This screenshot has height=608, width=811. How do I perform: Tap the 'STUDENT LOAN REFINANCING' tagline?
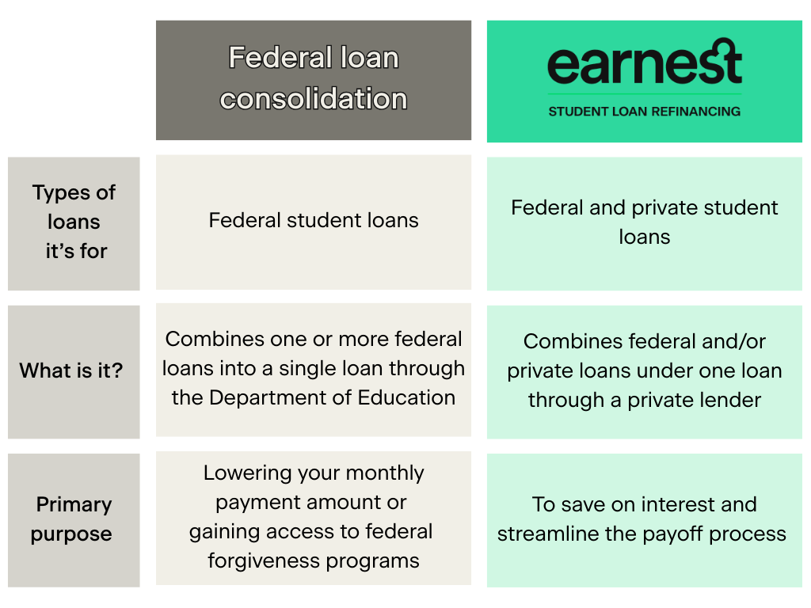pyautogui.click(x=645, y=112)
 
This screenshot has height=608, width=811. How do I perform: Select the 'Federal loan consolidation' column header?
pyautogui.click(x=314, y=78)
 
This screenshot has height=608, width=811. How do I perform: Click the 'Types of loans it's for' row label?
pyautogui.click(x=74, y=222)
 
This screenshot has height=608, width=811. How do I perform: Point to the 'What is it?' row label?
pyautogui.click(x=71, y=370)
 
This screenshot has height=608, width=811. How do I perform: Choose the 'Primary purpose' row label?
pyautogui.click(x=72, y=519)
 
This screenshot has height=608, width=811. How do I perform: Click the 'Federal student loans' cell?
pyautogui.click(x=314, y=220)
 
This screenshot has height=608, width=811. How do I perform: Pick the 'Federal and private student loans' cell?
pyautogui.click(x=645, y=222)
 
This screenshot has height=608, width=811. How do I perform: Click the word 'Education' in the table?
pyautogui.click(x=406, y=397)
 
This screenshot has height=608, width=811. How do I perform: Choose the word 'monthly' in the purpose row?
pyautogui.click(x=385, y=473)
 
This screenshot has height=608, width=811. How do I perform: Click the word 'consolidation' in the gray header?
pyautogui.click(x=314, y=99)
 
